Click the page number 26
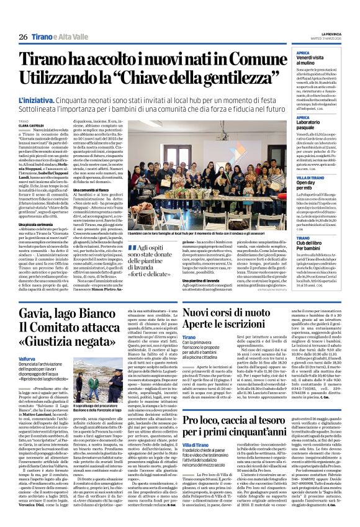click(x=22, y=37)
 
